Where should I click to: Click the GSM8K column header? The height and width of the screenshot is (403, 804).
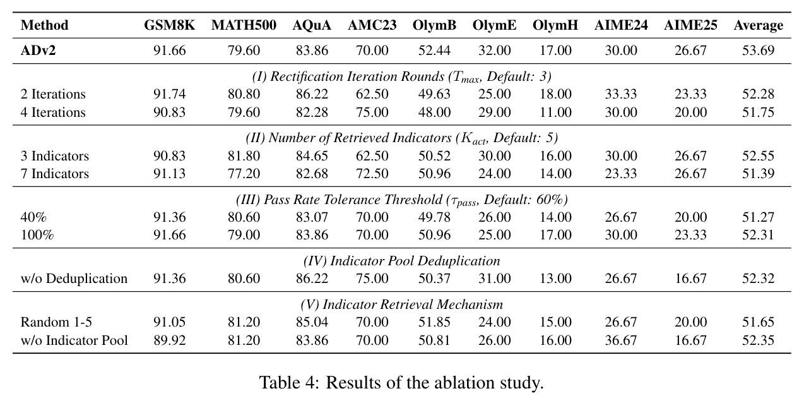(x=169, y=25)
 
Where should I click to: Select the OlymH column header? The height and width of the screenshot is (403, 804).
(x=555, y=25)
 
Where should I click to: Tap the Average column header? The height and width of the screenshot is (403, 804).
(x=759, y=25)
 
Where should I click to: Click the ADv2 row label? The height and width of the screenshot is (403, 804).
(x=38, y=51)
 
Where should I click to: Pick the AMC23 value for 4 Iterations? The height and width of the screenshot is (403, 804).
(x=372, y=112)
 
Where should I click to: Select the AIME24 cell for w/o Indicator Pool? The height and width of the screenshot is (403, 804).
(x=621, y=340)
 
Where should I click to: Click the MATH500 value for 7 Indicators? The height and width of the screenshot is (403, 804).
(x=244, y=174)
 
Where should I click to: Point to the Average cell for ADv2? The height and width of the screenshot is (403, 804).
(x=759, y=51)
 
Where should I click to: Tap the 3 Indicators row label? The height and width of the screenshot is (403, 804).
(x=54, y=156)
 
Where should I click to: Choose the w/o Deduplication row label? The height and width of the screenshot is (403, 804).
(x=74, y=279)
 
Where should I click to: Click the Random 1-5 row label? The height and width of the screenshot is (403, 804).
(x=56, y=322)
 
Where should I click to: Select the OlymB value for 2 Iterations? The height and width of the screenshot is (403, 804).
(x=434, y=94)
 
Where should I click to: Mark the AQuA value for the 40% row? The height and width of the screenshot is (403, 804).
(x=312, y=217)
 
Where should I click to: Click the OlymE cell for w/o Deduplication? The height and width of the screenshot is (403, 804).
(x=495, y=279)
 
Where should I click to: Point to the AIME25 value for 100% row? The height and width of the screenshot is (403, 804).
(x=690, y=235)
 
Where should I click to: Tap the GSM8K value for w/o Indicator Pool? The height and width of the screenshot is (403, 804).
(x=169, y=340)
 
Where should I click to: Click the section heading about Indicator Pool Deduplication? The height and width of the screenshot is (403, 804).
(x=401, y=261)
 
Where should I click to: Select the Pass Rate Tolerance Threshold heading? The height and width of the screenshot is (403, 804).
(x=401, y=200)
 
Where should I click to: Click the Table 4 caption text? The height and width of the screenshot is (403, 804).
(x=401, y=383)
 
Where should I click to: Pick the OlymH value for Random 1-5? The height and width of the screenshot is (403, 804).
(x=555, y=322)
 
